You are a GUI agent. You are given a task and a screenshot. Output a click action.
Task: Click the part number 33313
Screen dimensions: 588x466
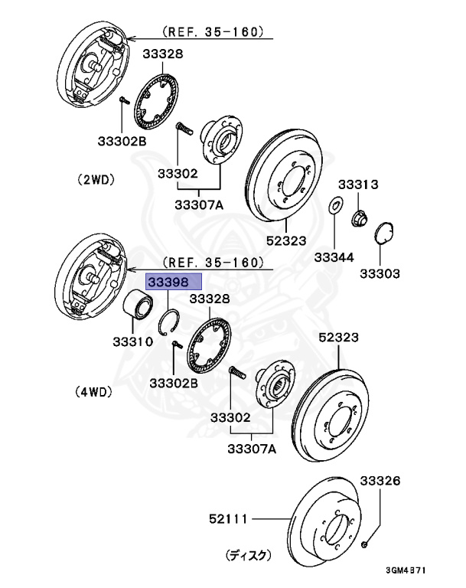click(360, 185)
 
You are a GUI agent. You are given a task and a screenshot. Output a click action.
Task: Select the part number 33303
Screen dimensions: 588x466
click(380, 273)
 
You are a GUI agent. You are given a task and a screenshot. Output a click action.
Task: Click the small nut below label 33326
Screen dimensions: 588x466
click(364, 544)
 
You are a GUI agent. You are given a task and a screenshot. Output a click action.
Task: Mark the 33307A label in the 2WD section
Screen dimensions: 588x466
click(198, 204)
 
